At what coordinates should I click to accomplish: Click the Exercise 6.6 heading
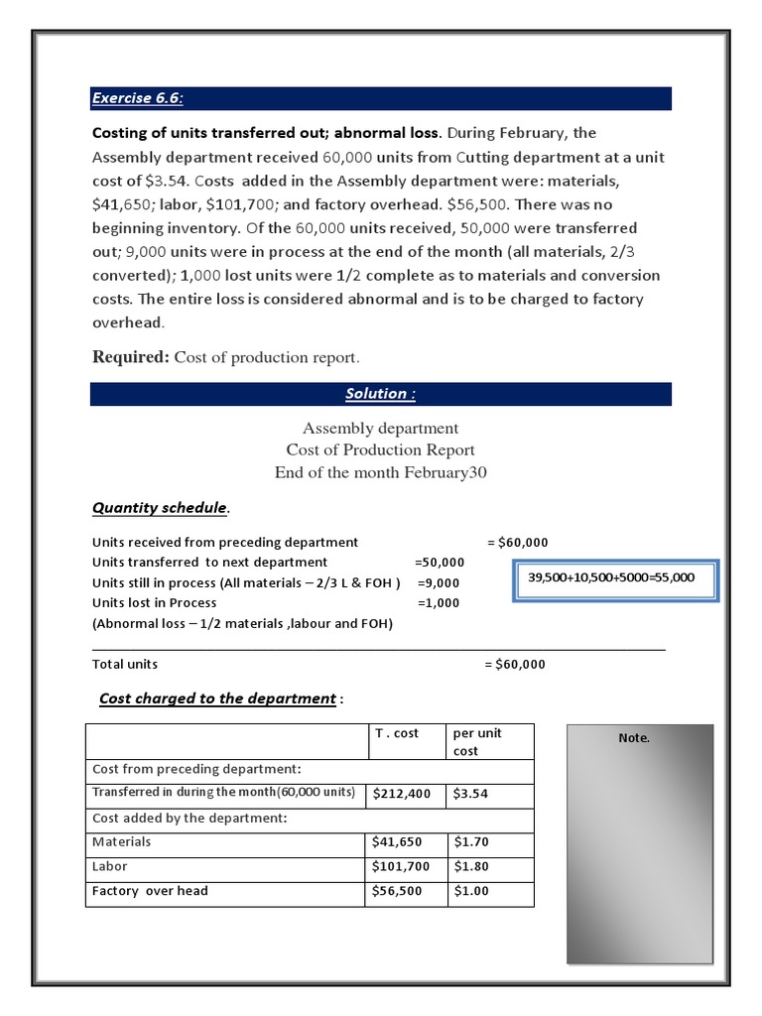tap(138, 98)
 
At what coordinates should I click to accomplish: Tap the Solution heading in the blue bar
tap(380, 394)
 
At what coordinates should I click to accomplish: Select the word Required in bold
tap(129, 357)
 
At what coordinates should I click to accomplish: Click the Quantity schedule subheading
tap(160, 508)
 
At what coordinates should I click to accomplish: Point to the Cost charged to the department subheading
tap(217, 698)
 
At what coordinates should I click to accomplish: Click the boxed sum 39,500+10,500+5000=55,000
tap(611, 577)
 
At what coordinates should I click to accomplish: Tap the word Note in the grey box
tap(634, 738)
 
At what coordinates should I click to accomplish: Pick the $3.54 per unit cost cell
tap(471, 794)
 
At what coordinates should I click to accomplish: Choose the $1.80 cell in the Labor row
tap(471, 866)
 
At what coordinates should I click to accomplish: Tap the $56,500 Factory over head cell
tap(397, 891)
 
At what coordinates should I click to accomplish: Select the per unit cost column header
tap(477, 742)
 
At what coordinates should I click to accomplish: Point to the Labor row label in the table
tap(110, 866)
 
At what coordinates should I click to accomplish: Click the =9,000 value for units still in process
tap(439, 582)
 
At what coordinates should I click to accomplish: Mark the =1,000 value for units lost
tap(439, 602)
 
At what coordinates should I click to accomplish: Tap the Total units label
tap(125, 664)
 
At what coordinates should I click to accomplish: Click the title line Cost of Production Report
tap(380, 450)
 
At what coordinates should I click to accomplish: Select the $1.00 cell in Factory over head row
tap(471, 891)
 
